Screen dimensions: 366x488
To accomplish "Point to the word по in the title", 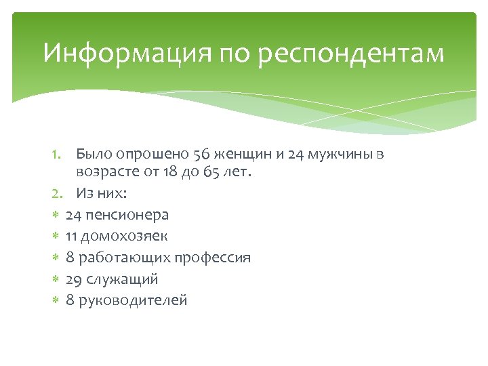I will tap(232, 54).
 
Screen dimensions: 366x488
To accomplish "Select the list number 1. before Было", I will tap(58, 155).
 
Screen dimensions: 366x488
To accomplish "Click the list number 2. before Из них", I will tap(59, 193).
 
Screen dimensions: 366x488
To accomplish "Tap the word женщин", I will tap(244, 155).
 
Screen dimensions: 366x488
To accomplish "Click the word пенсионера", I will tap(127, 215).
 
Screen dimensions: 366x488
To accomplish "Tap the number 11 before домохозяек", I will tap(71, 237).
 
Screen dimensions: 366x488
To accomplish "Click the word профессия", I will tap(213, 258).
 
